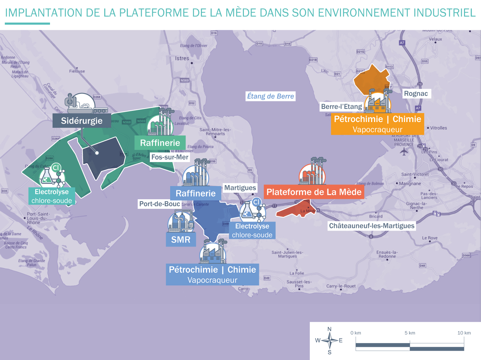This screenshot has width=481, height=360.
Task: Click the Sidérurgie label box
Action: tap(82, 121)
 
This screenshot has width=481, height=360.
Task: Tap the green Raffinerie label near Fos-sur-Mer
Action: tap(160, 143)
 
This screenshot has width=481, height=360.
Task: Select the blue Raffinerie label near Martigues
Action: tap(195, 193)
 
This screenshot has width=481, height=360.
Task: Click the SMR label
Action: tap(181, 240)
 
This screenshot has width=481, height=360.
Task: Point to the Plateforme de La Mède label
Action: tap(314, 192)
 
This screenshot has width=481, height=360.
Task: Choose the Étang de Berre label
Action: tap(270, 96)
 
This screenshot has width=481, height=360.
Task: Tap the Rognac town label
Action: tap(416, 94)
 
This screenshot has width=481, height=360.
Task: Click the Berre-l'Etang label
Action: tap(341, 107)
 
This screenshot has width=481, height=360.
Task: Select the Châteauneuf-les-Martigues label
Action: tap(372, 226)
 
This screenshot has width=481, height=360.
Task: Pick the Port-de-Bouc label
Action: tap(160, 204)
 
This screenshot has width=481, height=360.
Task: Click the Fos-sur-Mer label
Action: tap(170, 157)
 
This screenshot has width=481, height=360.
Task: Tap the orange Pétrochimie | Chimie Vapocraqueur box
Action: tap(377, 124)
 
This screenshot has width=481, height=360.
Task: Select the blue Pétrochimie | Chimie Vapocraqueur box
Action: tap(212, 274)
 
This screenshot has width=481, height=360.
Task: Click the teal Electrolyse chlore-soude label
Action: tap(52, 196)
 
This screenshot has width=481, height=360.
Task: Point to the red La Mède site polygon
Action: tap(296, 210)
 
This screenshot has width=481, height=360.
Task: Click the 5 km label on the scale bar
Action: tap(410, 333)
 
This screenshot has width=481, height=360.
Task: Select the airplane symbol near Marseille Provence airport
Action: tap(404, 151)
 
